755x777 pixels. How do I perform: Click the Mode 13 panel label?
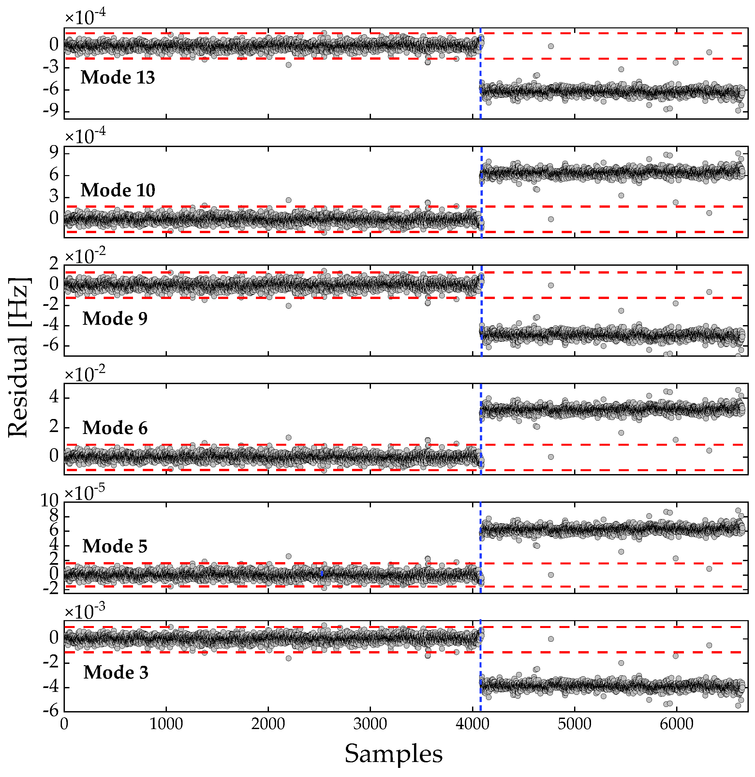pyautogui.click(x=117, y=77)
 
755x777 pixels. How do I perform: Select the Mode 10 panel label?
pyautogui.click(x=118, y=190)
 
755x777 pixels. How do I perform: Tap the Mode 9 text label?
pyautogui.click(x=115, y=319)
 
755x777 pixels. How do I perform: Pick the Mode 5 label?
pyautogui.click(x=115, y=546)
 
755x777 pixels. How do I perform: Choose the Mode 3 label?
pyautogui.click(x=116, y=672)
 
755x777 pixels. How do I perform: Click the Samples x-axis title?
pyautogui.click(x=393, y=754)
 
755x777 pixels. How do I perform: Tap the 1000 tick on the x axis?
pyautogui.click(x=166, y=724)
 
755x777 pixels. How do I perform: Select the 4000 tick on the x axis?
pyautogui.click(x=472, y=724)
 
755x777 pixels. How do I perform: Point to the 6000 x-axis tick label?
pyautogui.click(x=676, y=724)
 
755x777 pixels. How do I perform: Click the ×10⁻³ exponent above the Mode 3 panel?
pyautogui.click(x=84, y=611)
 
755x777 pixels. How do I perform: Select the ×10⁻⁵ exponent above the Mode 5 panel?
pyautogui.click(x=84, y=493)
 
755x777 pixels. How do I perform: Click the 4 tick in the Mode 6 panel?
pyautogui.click(x=54, y=397)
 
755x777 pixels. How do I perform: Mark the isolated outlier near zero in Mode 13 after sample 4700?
pyautogui.click(x=551, y=46)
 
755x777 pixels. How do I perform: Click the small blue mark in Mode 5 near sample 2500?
pyautogui.click(x=322, y=574)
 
